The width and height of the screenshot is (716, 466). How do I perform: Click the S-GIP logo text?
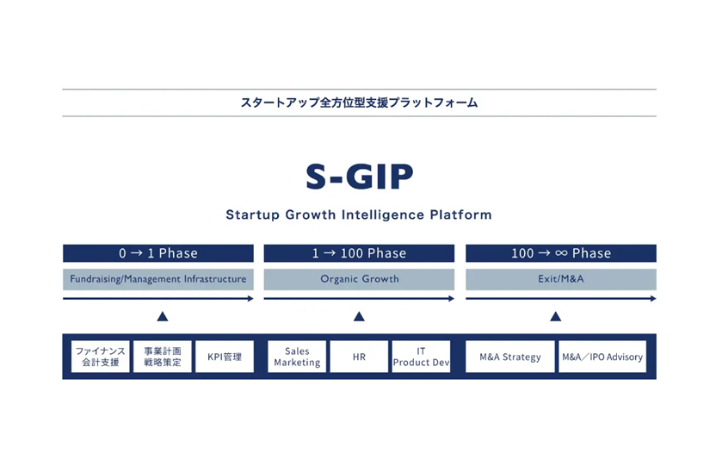tap(360, 177)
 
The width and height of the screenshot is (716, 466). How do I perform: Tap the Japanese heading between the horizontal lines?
tap(360, 103)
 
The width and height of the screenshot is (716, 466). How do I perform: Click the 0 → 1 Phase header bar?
tap(158, 253)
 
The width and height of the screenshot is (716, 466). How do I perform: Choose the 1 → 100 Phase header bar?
tap(359, 253)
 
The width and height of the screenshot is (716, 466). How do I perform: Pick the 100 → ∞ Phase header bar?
tap(561, 253)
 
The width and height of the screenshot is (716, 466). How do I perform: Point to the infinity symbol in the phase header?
tap(561, 253)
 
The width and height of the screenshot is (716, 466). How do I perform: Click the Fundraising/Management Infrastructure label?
tap(158, 279)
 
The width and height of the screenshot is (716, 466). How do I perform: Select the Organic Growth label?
tap(359, 279)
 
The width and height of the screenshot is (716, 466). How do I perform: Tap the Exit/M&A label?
tap(561, 279)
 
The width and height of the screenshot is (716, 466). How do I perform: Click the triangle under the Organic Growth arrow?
tap(359, 317)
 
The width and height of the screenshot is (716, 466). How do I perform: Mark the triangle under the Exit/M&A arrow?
tap(556, 317)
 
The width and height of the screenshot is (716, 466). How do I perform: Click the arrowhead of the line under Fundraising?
tap(250, 299)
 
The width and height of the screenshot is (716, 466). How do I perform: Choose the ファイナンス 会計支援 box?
tap(101, 357)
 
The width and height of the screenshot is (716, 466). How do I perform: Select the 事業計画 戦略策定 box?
tap(163, 357)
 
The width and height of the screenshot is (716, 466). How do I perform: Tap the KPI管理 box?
tap(225, 357)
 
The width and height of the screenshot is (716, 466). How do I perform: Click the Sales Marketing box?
tap(297, 357)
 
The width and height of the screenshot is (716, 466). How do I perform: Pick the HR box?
tap(359, 357)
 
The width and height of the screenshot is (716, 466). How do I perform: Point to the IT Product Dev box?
tap(421, 357)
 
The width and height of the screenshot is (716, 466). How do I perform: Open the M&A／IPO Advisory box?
tap(602, 357)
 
